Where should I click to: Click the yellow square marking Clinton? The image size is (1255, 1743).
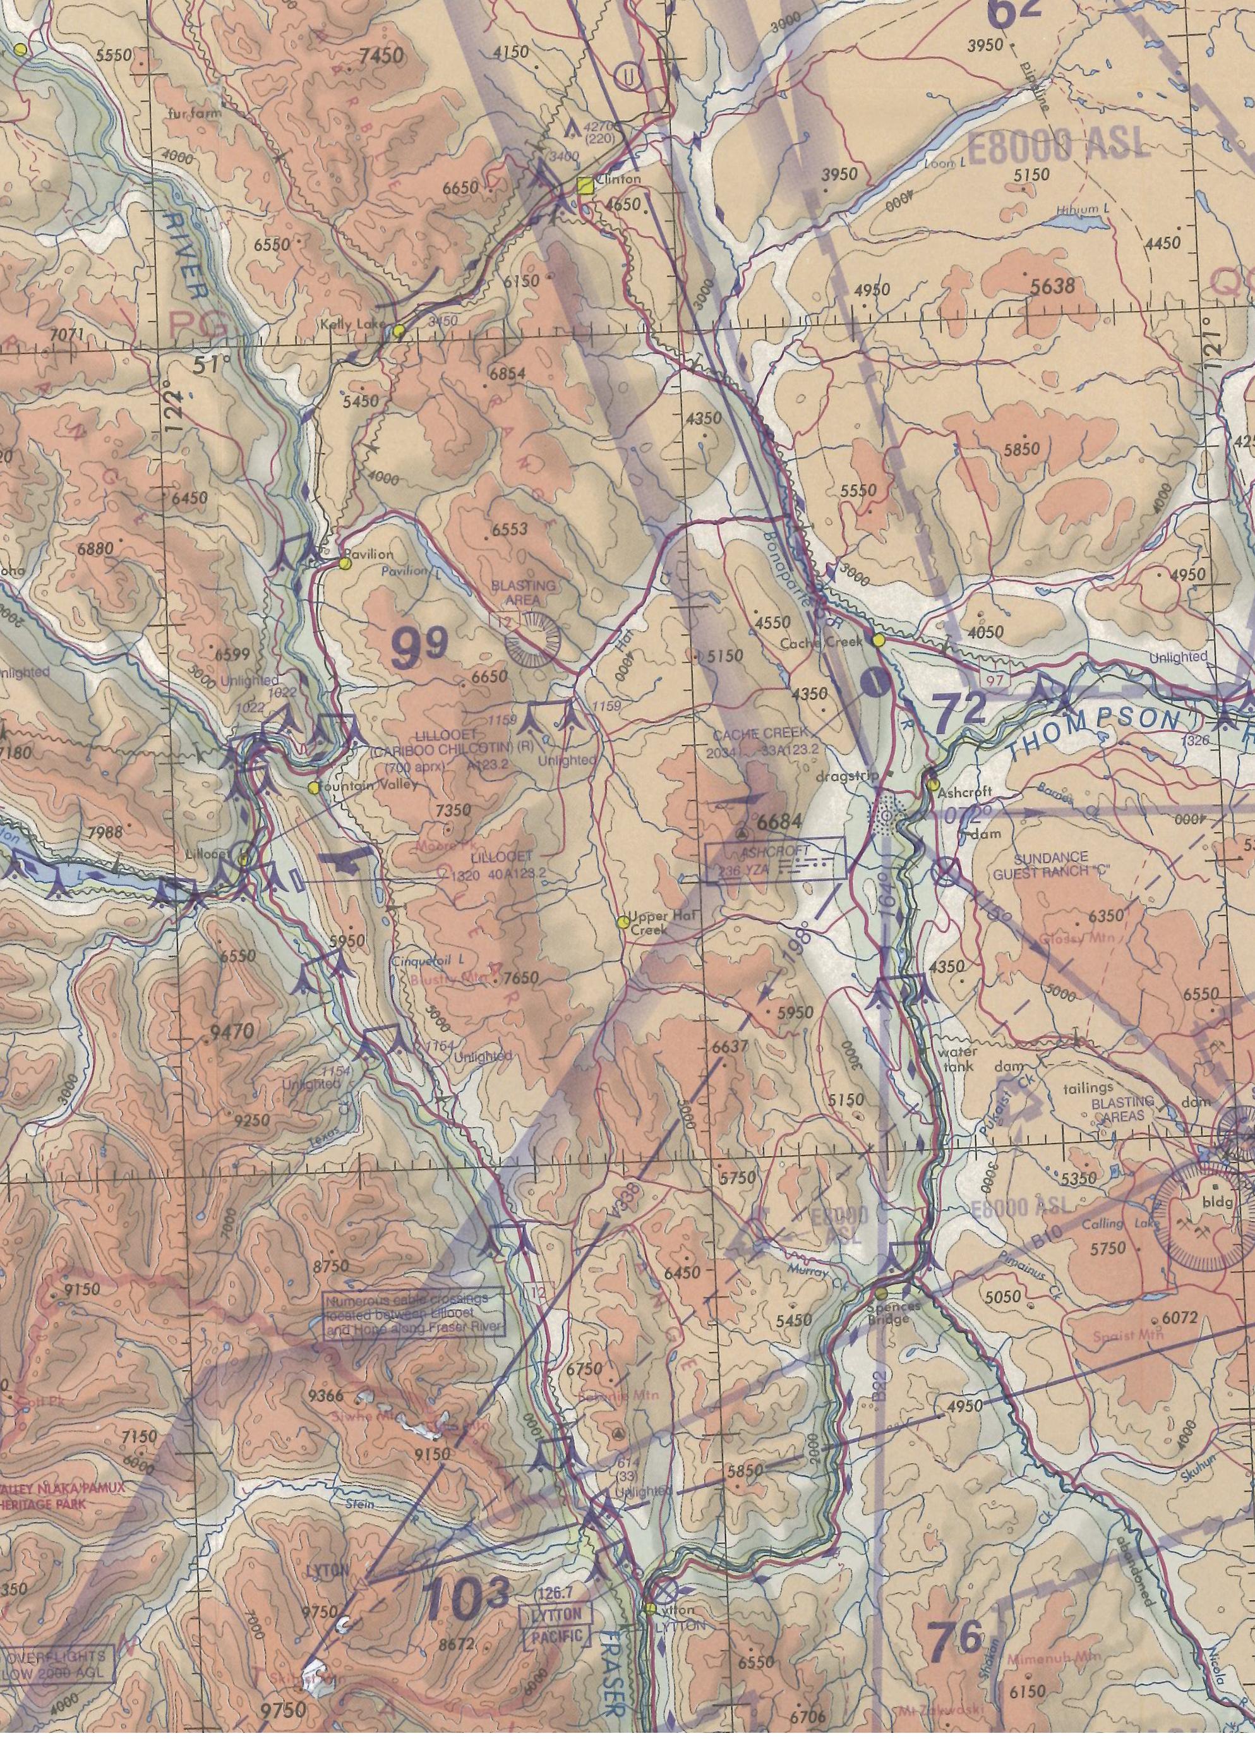point(585,184)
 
